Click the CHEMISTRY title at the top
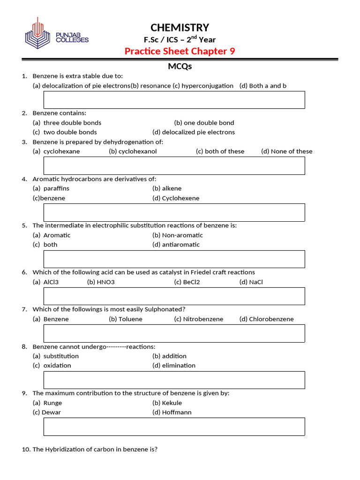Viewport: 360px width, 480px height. click(x=180, y=28)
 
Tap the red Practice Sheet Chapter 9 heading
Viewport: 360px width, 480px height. click(x=180, y=51)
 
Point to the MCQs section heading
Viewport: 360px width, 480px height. click(x=180, y=67)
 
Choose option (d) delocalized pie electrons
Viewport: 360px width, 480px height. click(x=194, y=132)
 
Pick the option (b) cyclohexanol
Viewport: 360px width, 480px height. click(x=133, y=151)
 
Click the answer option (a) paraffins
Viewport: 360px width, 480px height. click(x=51, y=188)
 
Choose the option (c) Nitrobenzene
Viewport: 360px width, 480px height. click(x=198, y=319)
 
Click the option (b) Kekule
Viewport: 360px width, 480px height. click(x=167, y=403)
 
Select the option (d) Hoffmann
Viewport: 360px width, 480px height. click(x=172, y=412)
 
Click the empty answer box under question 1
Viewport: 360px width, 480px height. click(x=174, y=100)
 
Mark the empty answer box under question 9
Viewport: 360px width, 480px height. click(x=174, y=427)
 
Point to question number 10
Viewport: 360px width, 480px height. click(x=26, y=450)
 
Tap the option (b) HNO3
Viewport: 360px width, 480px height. click(x=101, y=282)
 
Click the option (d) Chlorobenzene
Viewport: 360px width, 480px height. click(x=266, y=319)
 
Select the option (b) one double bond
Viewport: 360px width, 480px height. click(x=204, y=123)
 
